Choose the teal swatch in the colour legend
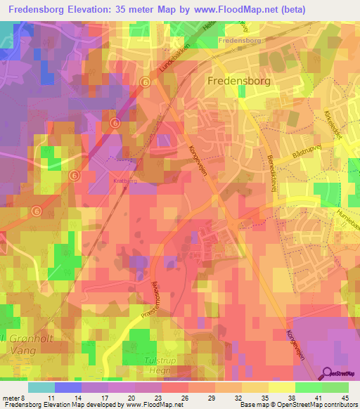[x=41, y=387]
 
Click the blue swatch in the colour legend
[x=68, y=387]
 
